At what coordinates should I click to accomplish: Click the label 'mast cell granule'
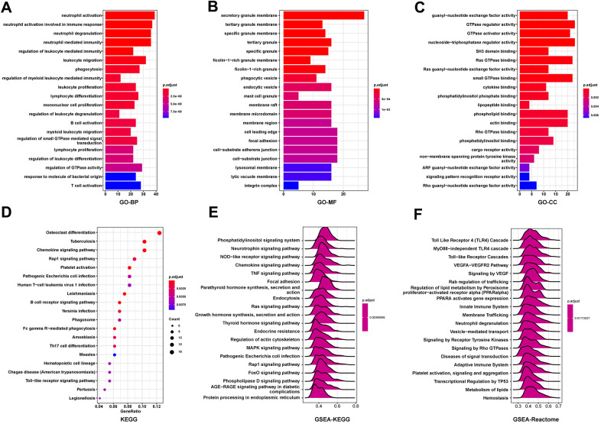[x=255, y=95]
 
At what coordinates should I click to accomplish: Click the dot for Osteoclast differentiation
[x=159, y=233]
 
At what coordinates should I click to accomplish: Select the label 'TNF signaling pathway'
[x=265, y=273]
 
